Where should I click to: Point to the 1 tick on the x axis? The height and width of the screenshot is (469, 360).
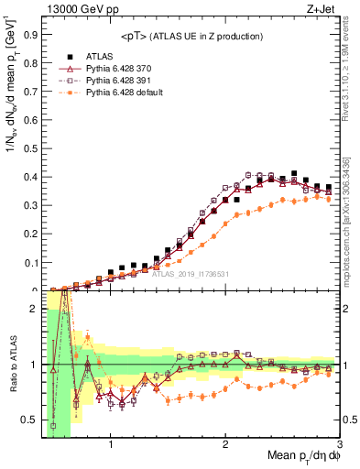(111, 447)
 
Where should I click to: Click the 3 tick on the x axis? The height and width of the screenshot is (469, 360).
(339, 447)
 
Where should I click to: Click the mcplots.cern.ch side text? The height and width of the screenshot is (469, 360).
(352, 220)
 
